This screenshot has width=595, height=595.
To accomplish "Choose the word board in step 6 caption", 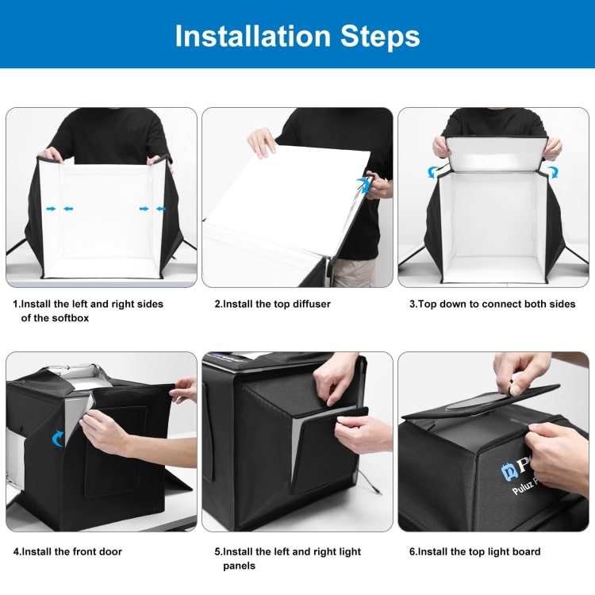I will [x=523, y=552].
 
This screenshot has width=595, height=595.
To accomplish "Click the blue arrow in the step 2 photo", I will [x=363, y=185].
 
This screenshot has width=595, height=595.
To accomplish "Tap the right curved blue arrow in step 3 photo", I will [x=553, y=171].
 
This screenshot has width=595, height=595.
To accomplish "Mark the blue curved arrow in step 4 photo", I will [x=58, y=438].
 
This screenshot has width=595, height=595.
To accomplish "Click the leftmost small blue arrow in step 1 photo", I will [x=52, y=209].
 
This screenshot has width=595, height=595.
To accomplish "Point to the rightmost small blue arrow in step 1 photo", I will [x=162, y=209].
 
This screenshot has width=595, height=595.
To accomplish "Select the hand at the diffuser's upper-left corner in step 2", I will [x=262, y=143].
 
